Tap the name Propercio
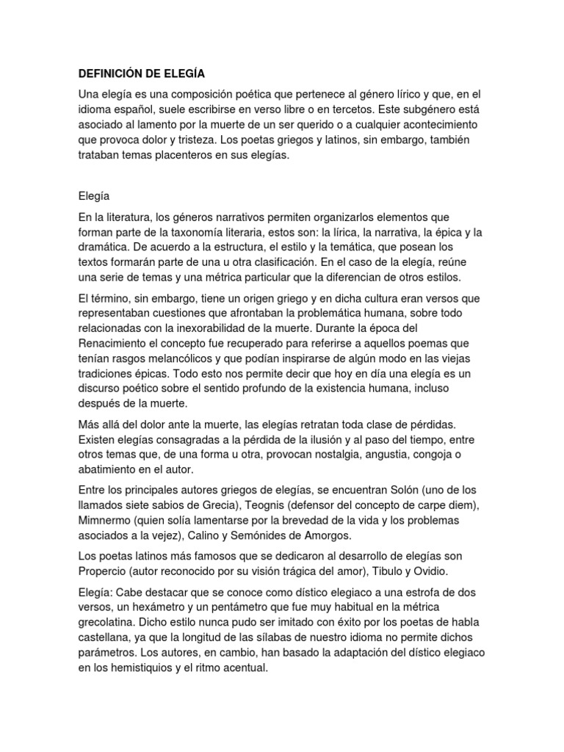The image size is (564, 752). pyautogui.click(x=104, y=570)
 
